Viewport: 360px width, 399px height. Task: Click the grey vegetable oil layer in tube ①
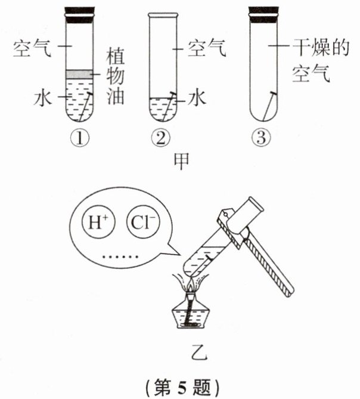pyautogui.click(x=78, y=73)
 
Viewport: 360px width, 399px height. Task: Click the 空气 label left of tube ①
pyautogui.click(x=31, y=47)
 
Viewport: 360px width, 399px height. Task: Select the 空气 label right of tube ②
pyautogui.click(x=207, y=48)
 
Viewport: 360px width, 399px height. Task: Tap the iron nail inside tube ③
pyautogui.click(x=269, y=105)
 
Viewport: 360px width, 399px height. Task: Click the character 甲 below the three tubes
pyautogui.click(x=181, y=160)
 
